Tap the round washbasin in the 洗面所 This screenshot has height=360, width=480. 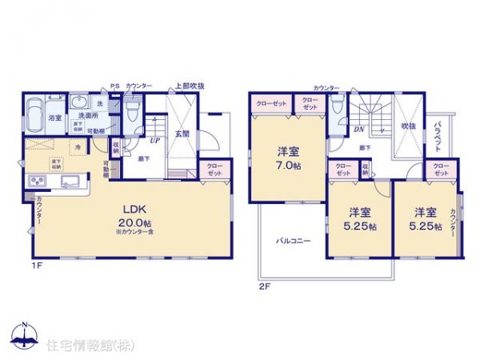[79, 102]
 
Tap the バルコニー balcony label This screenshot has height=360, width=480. [294, 239]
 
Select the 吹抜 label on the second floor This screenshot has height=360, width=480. [408, 126]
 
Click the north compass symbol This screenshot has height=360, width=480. [24, 335]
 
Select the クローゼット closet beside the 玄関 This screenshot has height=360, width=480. [215, 169]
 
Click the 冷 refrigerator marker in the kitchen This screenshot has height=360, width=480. [78, 147]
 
